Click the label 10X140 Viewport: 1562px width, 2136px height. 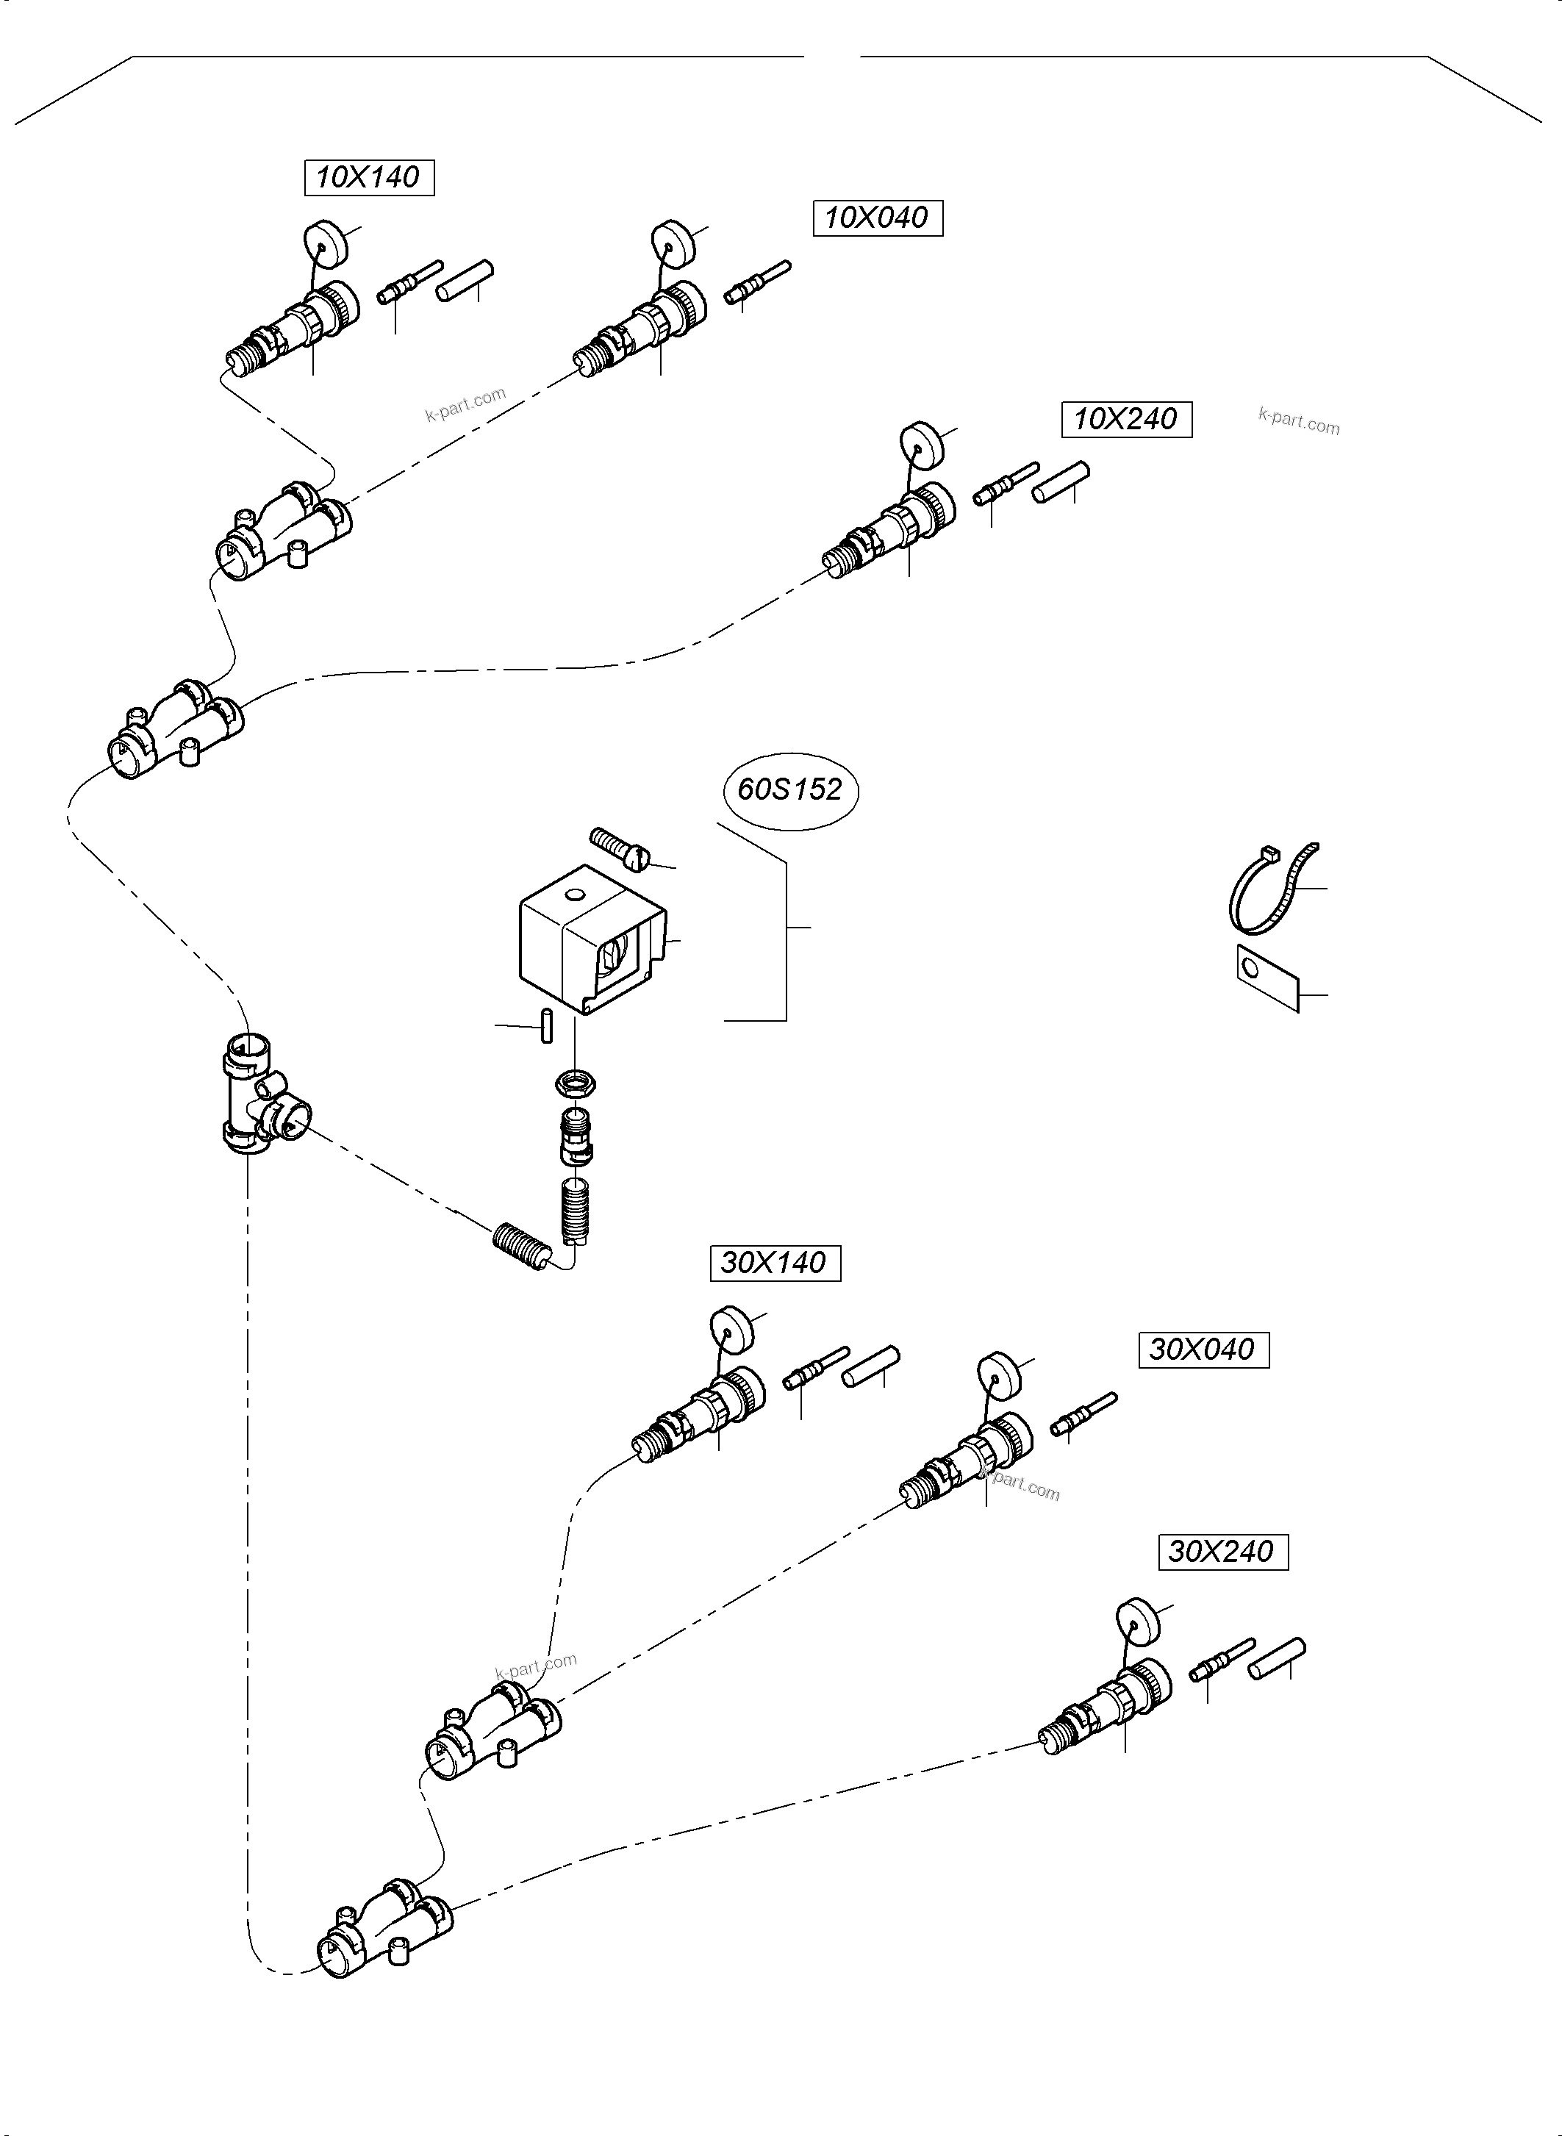pyautogui.click(x=369, y=178)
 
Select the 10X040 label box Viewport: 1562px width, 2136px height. pyautogui.click(x=878, y=218)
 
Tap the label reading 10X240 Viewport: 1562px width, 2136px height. pyautogui.click(x=1126, y=420)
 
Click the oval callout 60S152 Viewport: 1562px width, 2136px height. pyautogui.click(x=790, y=789)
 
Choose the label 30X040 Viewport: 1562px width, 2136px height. pyautogui.click(x=1203, y=1350)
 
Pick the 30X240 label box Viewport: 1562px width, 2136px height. pyautogui.click(x=1222, y=1552)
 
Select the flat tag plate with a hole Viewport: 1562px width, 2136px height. pyautogui.click(x=1268, y=978)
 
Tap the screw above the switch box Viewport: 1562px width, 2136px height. pyautogui.click(x=620, y=847)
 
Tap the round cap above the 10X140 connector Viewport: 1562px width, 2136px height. pyautogui.click(x=325, y=242)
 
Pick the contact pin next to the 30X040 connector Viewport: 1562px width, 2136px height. pyautogui.click(x=1083, y=1413)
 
